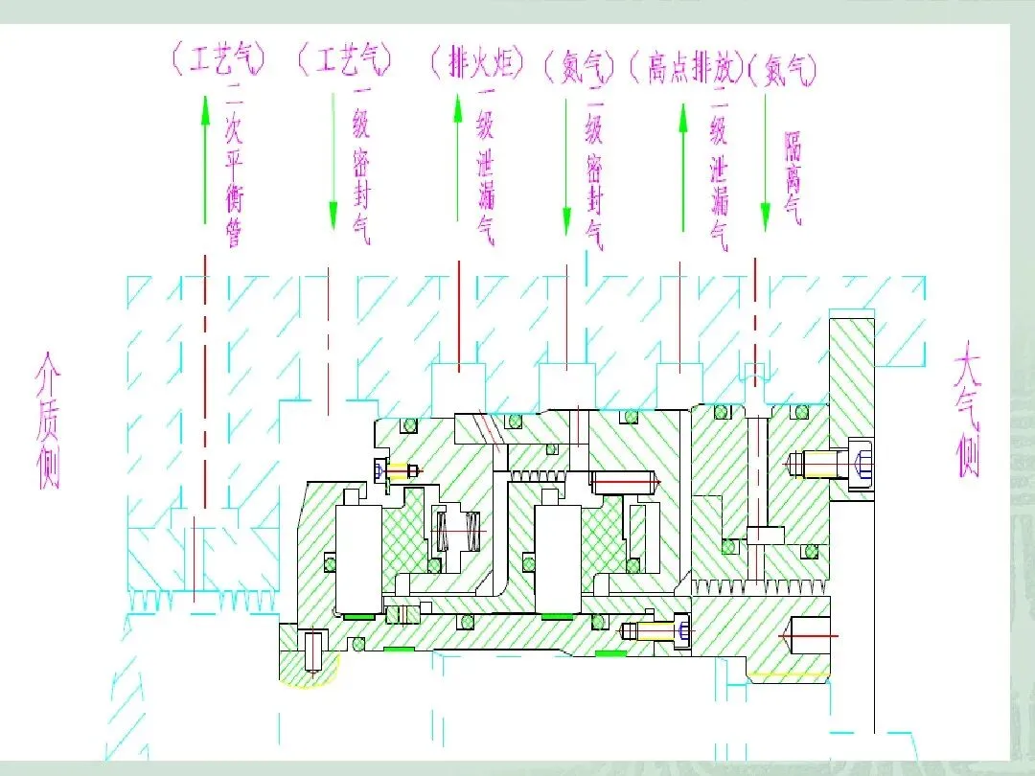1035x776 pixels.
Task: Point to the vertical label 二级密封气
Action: coord(594,169)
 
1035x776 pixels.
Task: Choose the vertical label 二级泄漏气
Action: coord(719,169)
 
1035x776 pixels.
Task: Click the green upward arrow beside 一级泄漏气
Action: coord(458,158)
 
